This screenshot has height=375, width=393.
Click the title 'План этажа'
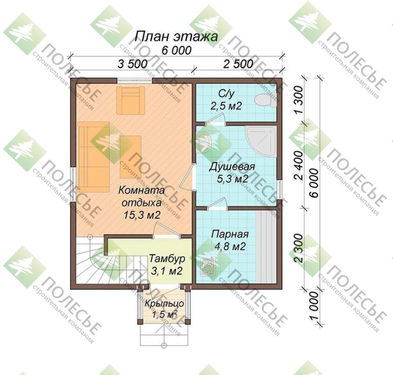click(176, 37)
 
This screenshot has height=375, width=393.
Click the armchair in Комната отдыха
click(131, 101)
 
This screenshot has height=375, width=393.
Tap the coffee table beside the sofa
click(131, 157)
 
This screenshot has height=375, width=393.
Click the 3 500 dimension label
click(132, 64)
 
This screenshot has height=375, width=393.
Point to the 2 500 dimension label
click(238, 64)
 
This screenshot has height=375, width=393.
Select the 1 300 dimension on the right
click(299, 100)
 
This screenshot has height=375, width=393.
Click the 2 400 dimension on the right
click(299, 165)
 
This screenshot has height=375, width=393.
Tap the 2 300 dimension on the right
click(299, 248)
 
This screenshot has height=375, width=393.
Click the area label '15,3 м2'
click(142, 215)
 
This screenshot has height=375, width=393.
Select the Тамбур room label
click(167, 258)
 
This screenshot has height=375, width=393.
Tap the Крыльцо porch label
click(164, 304)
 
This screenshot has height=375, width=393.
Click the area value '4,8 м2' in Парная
click(230, 247)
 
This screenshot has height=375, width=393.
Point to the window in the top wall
click(135, 81)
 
